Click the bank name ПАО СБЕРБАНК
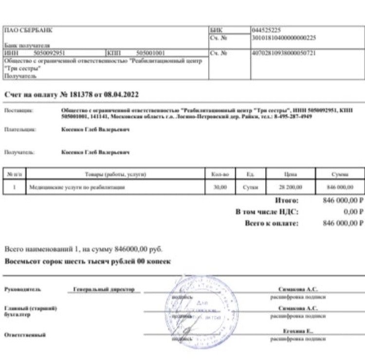click(x=28, y=30)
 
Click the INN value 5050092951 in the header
click(x=50, y=53)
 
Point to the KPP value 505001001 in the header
click(x=151, y=53)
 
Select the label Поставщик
click(x=18, y=111)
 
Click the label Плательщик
click(x=19, y=130)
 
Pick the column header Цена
click(x=290, y=174)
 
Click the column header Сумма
click(x=339, y=174)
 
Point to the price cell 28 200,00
click(x=290, y=187)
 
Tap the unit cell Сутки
click(x=250, y=187)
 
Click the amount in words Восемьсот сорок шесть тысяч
click(x=88, y=262)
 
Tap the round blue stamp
click(x=204, y=309)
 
